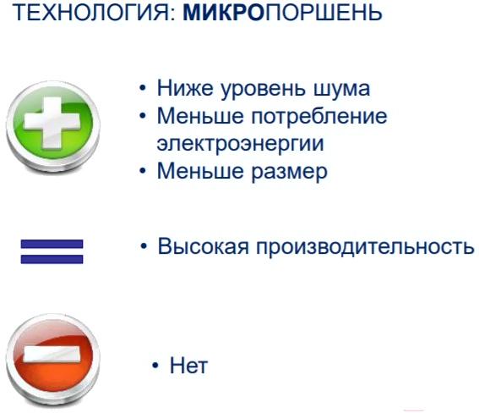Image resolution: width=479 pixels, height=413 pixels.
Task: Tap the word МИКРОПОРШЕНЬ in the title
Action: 282,13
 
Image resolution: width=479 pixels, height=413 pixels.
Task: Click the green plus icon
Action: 53,126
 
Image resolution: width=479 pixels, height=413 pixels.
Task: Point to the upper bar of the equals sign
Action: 52,244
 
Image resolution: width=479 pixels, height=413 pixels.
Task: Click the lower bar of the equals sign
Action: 52,259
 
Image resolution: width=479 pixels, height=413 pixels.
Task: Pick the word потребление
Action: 319,117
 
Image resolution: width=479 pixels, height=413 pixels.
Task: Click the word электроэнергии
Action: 240,144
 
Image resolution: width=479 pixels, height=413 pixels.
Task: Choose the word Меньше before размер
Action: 200,171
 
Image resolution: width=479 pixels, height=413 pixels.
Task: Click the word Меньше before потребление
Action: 200,116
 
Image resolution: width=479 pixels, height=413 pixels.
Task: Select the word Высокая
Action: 203,246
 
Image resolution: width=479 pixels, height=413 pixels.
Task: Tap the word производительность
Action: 365,247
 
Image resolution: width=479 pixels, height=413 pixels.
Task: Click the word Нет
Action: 188,366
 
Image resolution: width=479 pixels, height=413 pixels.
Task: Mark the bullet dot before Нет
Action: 155,366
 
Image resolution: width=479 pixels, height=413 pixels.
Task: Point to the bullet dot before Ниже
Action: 143,88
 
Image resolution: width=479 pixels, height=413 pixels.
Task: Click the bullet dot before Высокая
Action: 144,246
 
